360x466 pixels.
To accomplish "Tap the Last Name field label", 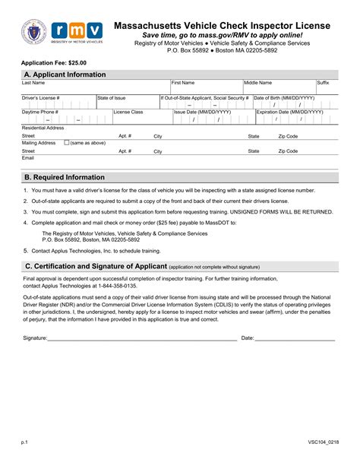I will pyautogui.click(x=33, y=83).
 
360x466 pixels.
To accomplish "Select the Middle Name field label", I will pyautogui.click(x=257, y=83).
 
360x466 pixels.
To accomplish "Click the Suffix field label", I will pyautogui.click(x=323, y=83).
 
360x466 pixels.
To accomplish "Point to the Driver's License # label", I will pyautogui.click(x=40, y=98).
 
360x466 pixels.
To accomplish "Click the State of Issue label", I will pyautogui.click(x=112, y=98).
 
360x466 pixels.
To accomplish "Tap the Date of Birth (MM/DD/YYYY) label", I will pyautogui.click(x=284, y=98).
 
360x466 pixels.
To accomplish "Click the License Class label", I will pyautogui.click(x=128, y=113).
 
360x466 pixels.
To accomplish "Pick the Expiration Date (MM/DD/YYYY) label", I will pyautogui.click(x=290, y=113).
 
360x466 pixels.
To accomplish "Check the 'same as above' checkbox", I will pyautogui.click(x=66, y=142).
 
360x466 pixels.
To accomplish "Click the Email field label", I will pyautogui.click(x=28, y=158).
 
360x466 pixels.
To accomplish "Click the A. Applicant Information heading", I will pyautogui.click(x=65, y=74).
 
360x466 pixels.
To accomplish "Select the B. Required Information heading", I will pyautogui.click(x=65, y=177).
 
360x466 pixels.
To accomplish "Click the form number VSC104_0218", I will pyautogui.click(x=324, y=441).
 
